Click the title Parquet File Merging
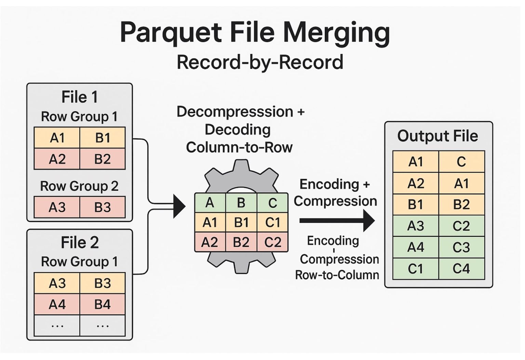pos(255,32)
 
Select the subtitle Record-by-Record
pos(260,63)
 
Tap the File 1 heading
pos(79,97)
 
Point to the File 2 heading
pos(79,243)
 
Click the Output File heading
pos(437,136)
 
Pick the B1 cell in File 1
pos(103,138)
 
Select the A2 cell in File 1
pos(57,159)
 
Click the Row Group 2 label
pos(79,186)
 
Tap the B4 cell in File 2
pos(103,304)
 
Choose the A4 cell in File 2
pos(57,304)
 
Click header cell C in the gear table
pos(272,203)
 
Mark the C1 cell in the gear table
pos(272,223)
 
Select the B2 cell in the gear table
pos(241,242)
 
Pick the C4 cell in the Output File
pos(461,269)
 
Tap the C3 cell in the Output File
pos(461,247)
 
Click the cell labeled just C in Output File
pos(461,162)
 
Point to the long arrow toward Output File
pos(337,221)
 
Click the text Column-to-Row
pos(239,148)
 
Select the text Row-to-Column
pos(337,275)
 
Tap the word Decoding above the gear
pos(238,130)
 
